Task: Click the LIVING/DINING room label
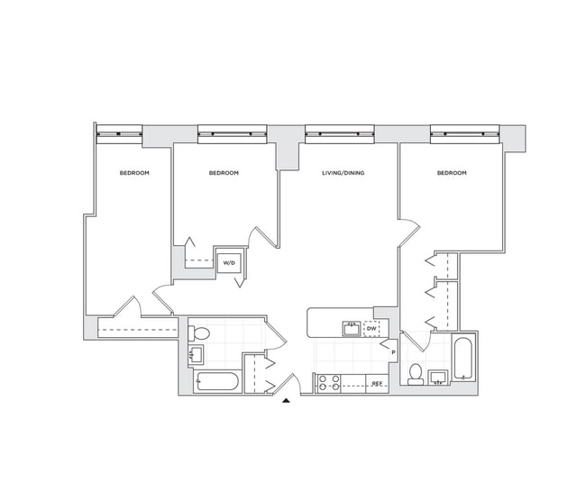point(343,173)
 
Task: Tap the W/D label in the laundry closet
point(228,263)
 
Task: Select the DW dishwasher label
point(371,329)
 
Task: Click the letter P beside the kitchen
point(393,351)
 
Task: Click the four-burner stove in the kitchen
point(327,384)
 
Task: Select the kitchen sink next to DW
point(351,329)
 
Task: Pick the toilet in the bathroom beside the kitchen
point(416,372)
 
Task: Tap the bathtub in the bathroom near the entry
point(215,383)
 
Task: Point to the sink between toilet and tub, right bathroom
point(439,377)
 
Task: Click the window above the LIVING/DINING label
point(341,134)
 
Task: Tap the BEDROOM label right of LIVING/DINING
point(452,173)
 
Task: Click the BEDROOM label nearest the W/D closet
point(224,173)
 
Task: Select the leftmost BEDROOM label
point(133,173)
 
